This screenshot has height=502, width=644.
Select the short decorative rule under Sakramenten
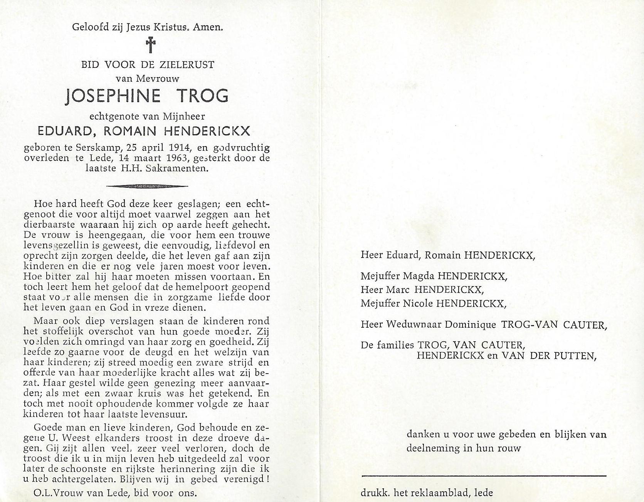(147, 186)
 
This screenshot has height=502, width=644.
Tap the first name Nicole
(418, 303)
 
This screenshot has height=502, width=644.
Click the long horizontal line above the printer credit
(484, 476)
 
